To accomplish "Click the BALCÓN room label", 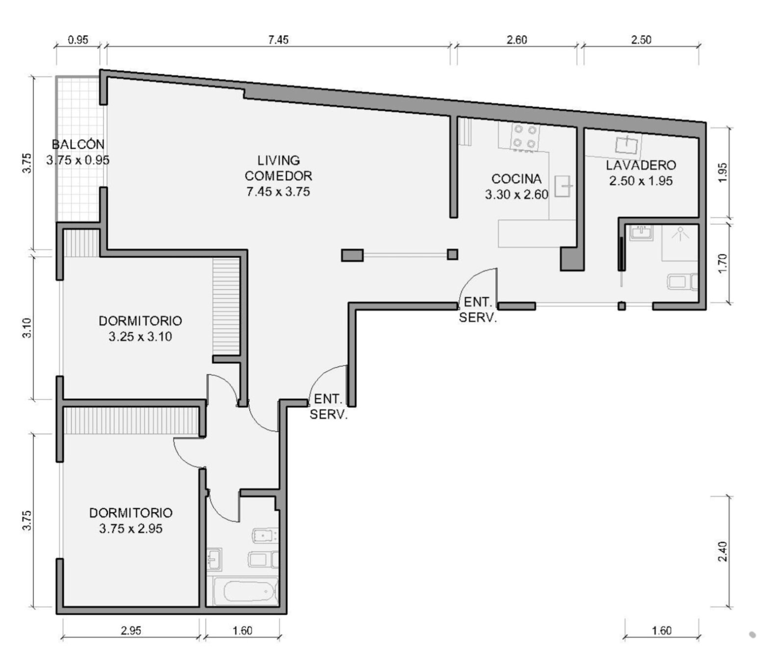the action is (x=78, y=145).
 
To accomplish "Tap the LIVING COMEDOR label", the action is (x=278, y=168).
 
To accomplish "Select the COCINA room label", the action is (x=516, y=179).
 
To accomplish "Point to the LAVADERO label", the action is (x=641, y=165).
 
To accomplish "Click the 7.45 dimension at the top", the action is (x=278, y=40).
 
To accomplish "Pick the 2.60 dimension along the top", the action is (x=516, y=40).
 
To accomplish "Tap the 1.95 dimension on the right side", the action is (x=722, y=172).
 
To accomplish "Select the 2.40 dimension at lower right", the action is (x=722, y=551).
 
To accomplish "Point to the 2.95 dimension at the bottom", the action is (x=131, y=630).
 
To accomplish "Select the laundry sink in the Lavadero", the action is (x=627, y=145).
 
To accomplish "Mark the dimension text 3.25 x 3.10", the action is (x=140, y=337).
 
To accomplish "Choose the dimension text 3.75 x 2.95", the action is (x=130, y=529).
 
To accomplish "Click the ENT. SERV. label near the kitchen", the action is (x=478, y=310).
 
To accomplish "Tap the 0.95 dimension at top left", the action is (x=78, y=40).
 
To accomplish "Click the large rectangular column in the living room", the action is (x=352, y=255).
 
